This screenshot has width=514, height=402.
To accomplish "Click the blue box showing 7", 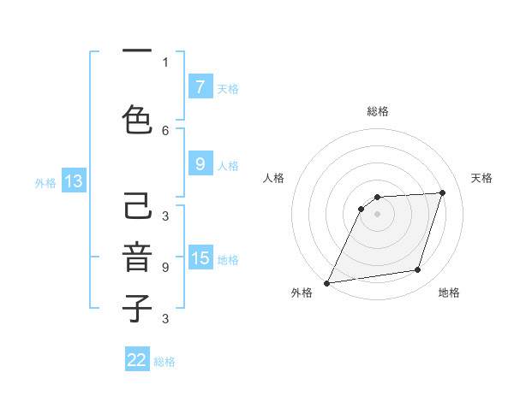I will (200, 87).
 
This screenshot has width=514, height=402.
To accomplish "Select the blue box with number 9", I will (200, 165).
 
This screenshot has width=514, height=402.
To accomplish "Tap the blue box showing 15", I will (200, 259).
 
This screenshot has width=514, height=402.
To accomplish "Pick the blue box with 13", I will (73, 181).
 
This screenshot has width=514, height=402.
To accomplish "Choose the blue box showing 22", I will (137, 360).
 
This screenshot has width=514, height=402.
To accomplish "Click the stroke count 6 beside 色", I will (165, 130).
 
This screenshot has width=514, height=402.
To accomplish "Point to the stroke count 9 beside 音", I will (165, 268).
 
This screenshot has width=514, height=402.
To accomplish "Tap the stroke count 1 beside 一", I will (165, 62).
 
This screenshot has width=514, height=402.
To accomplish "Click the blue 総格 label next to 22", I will (164, 362).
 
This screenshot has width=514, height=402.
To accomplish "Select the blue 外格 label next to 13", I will (45, 183).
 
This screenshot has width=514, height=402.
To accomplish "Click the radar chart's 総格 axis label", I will (378, 111).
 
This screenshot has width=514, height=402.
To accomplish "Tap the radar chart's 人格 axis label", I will (273, 178).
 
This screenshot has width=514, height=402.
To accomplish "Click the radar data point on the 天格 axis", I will (443, 192).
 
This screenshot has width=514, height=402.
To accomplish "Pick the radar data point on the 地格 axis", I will (418, 270).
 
